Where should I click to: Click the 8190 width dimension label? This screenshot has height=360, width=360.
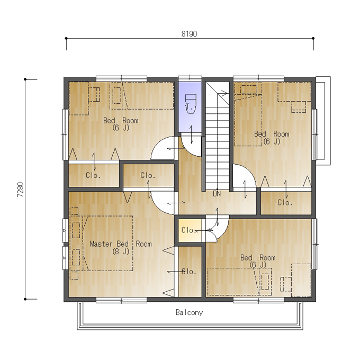189,34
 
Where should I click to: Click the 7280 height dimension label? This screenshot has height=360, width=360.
21,190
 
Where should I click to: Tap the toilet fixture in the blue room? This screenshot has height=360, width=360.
191,104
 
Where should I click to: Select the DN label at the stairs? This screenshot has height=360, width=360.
217,194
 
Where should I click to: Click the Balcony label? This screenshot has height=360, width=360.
189,312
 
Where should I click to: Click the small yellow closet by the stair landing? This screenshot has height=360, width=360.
190,230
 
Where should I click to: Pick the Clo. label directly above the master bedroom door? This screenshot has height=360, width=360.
148,175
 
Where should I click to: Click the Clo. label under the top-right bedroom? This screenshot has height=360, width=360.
285,202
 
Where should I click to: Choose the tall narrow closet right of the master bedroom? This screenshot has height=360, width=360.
190,272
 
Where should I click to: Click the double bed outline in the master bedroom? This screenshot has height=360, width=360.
108,244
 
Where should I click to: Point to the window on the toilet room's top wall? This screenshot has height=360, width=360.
190,78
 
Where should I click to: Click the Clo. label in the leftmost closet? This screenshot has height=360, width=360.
93,175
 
